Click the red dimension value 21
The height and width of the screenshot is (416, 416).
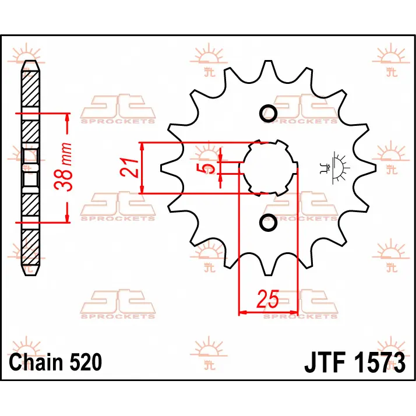[129, 168]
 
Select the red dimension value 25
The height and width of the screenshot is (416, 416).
[268, 299]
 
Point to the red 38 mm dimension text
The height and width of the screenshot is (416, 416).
[63, 167]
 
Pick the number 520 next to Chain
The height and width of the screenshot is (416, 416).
[86, 362]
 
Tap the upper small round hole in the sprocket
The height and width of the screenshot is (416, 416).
[268, 113]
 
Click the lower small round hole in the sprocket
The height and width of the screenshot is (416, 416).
[268, 223]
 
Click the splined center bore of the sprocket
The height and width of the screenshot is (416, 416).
[268, 168]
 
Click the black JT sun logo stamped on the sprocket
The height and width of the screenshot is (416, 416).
[335, 168]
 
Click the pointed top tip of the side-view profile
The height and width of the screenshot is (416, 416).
[30, 61]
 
